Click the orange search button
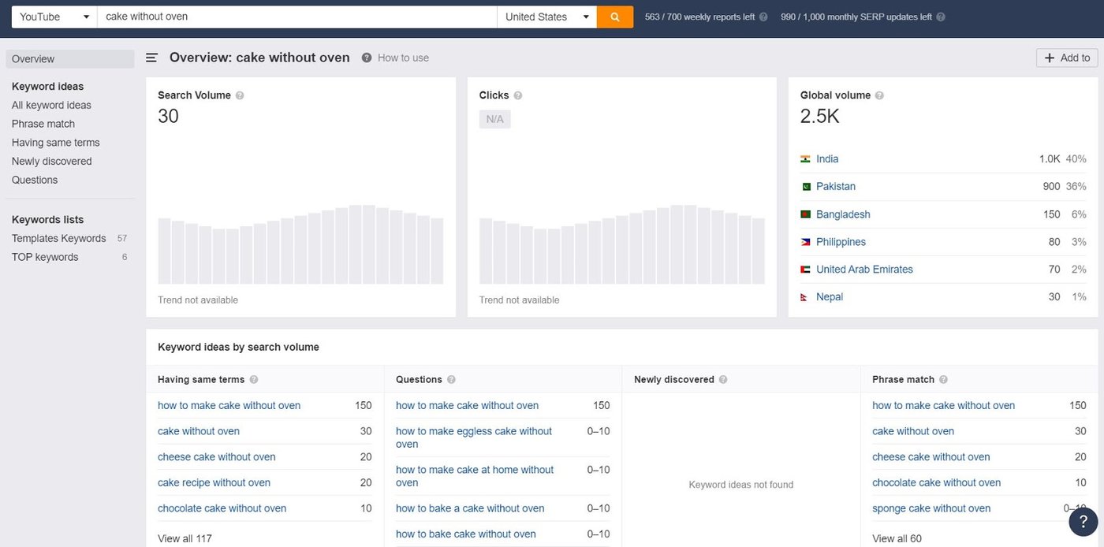[615, 17]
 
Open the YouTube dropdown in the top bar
[54, 17]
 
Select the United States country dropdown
[546, 17]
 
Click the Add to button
[1067, 58]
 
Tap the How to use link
[403, 58]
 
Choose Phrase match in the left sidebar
[43, 124]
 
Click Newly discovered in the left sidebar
[52, 161]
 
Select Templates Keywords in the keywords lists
[59, 238]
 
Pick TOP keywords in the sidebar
[45, 257]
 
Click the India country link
[827, 158]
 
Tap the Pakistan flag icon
[805, 187]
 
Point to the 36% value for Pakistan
[1076, 186]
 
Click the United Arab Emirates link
[864, 269]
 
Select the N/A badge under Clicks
[494, 119]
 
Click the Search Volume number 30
[168, 116]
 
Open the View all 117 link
[185, 538]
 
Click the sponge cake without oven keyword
[931, 508]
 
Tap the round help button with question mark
[1083, 522]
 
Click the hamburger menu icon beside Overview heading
[152, 58]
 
